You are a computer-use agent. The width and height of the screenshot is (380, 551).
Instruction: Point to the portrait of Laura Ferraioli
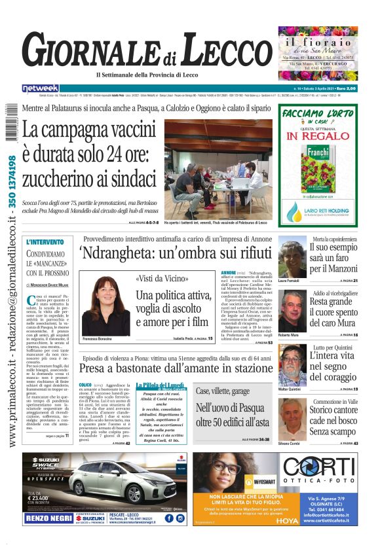tap(292, 259)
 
